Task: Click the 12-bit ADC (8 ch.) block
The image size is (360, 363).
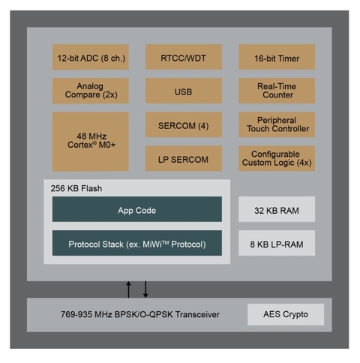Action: (x=91, y=57)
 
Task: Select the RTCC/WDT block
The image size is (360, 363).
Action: (x=184, y=57)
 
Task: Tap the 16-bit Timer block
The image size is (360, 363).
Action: (x=277, y=57)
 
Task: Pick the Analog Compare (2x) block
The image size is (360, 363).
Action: (x=91, y=91)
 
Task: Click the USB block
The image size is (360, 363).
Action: (x=184, y=91)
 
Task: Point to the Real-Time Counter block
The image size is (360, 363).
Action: (x=277, y=91)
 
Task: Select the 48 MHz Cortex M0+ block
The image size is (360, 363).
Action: (x=91, y=142)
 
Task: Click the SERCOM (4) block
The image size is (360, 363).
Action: (x=184, y=124)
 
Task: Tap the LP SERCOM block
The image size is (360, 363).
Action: (x=184, y=158)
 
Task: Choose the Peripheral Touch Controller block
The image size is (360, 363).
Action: (x=277, y=124)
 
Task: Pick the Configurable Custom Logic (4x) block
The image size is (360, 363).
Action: (x=277, y=158)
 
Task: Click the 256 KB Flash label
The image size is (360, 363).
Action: (x=76, y=188)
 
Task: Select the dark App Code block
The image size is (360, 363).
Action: (x=137, y=209)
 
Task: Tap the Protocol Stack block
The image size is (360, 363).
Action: (x=137, y=243)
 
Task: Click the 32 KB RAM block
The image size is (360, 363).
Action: (x=277, y=209)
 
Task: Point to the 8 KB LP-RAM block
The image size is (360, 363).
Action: (x=277, y=243)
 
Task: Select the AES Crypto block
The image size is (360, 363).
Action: (x=286, y=314)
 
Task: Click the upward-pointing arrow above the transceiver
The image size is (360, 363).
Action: (x=128, y=289)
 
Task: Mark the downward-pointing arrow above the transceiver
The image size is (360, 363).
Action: (x=145, y=289)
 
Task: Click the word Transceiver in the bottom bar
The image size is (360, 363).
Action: (x=197, y=314)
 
